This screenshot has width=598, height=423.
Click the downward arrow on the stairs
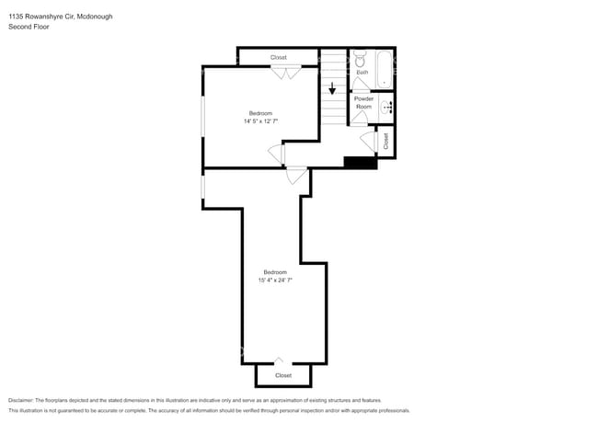point(332,89)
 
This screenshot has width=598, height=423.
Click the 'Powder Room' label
point(363,102)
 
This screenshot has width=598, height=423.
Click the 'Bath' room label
point(362,72)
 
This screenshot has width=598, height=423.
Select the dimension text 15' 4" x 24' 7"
point(275,280)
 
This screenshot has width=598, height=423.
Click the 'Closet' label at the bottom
point(283,375)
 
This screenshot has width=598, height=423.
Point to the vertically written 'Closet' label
point(386,141)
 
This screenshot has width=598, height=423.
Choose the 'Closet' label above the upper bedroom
point(279,58)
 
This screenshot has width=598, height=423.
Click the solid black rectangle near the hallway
point(360,164)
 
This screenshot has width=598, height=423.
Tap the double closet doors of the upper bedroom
point(286,70)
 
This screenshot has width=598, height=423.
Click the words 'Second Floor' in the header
point(29,27)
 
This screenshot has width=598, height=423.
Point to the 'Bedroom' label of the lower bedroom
point(275,272)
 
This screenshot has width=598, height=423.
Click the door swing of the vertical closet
point(368,143)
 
